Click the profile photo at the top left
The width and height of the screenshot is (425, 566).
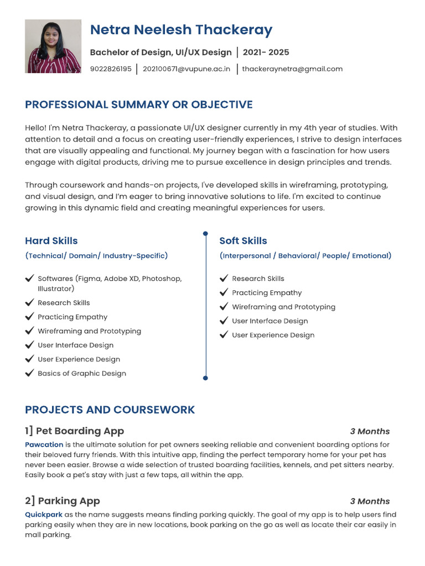pyautogui.click(x=53, y=46)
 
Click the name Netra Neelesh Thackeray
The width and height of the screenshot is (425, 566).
pyautogui.click(x=181, y=30)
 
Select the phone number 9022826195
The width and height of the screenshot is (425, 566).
pyautogui.click(x=111, y=69)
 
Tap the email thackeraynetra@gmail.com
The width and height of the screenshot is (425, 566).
pyautogui.click(x=292, y=69)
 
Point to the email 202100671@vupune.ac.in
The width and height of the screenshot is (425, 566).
pyautogui.click(x=186, y=69)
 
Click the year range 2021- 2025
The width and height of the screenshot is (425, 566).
pyautogui.click(x=266, y=53)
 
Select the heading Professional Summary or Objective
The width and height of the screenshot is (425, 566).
pyautogui.click(x=138, y=104)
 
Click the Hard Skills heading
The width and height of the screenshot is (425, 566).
pyautogui.click(x=51, y=240)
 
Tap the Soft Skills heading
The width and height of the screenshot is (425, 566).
pyautogui.click(x=243, y=240)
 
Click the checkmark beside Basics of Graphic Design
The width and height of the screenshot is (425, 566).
pyautogui.click(x=30, y=373)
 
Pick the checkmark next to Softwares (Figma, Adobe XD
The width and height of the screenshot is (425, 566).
pyautogui.click(x=30, y=279)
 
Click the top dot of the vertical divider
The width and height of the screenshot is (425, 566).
pyautogui.click(x=205, y=234)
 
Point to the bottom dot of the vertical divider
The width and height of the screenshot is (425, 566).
pyautogui.click(x=205, y=378)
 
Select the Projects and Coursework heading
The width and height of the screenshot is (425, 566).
pyautogui.click(x=110, y=410)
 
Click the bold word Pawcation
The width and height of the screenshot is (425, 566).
pyautogui.click(x=44, y=444)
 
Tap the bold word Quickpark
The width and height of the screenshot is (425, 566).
pyautogui.click(x=44, y=515)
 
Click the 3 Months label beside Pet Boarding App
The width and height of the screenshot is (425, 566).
pyautogui.click(x=370, y=431)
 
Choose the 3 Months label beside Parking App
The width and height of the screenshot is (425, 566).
pyautogui.click(x=370, y=501)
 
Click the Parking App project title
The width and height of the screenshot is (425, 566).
pyautogui.click(x=63, y=501)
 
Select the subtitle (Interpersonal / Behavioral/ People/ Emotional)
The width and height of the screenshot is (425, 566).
pyautogui.click(x=305, y=256)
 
